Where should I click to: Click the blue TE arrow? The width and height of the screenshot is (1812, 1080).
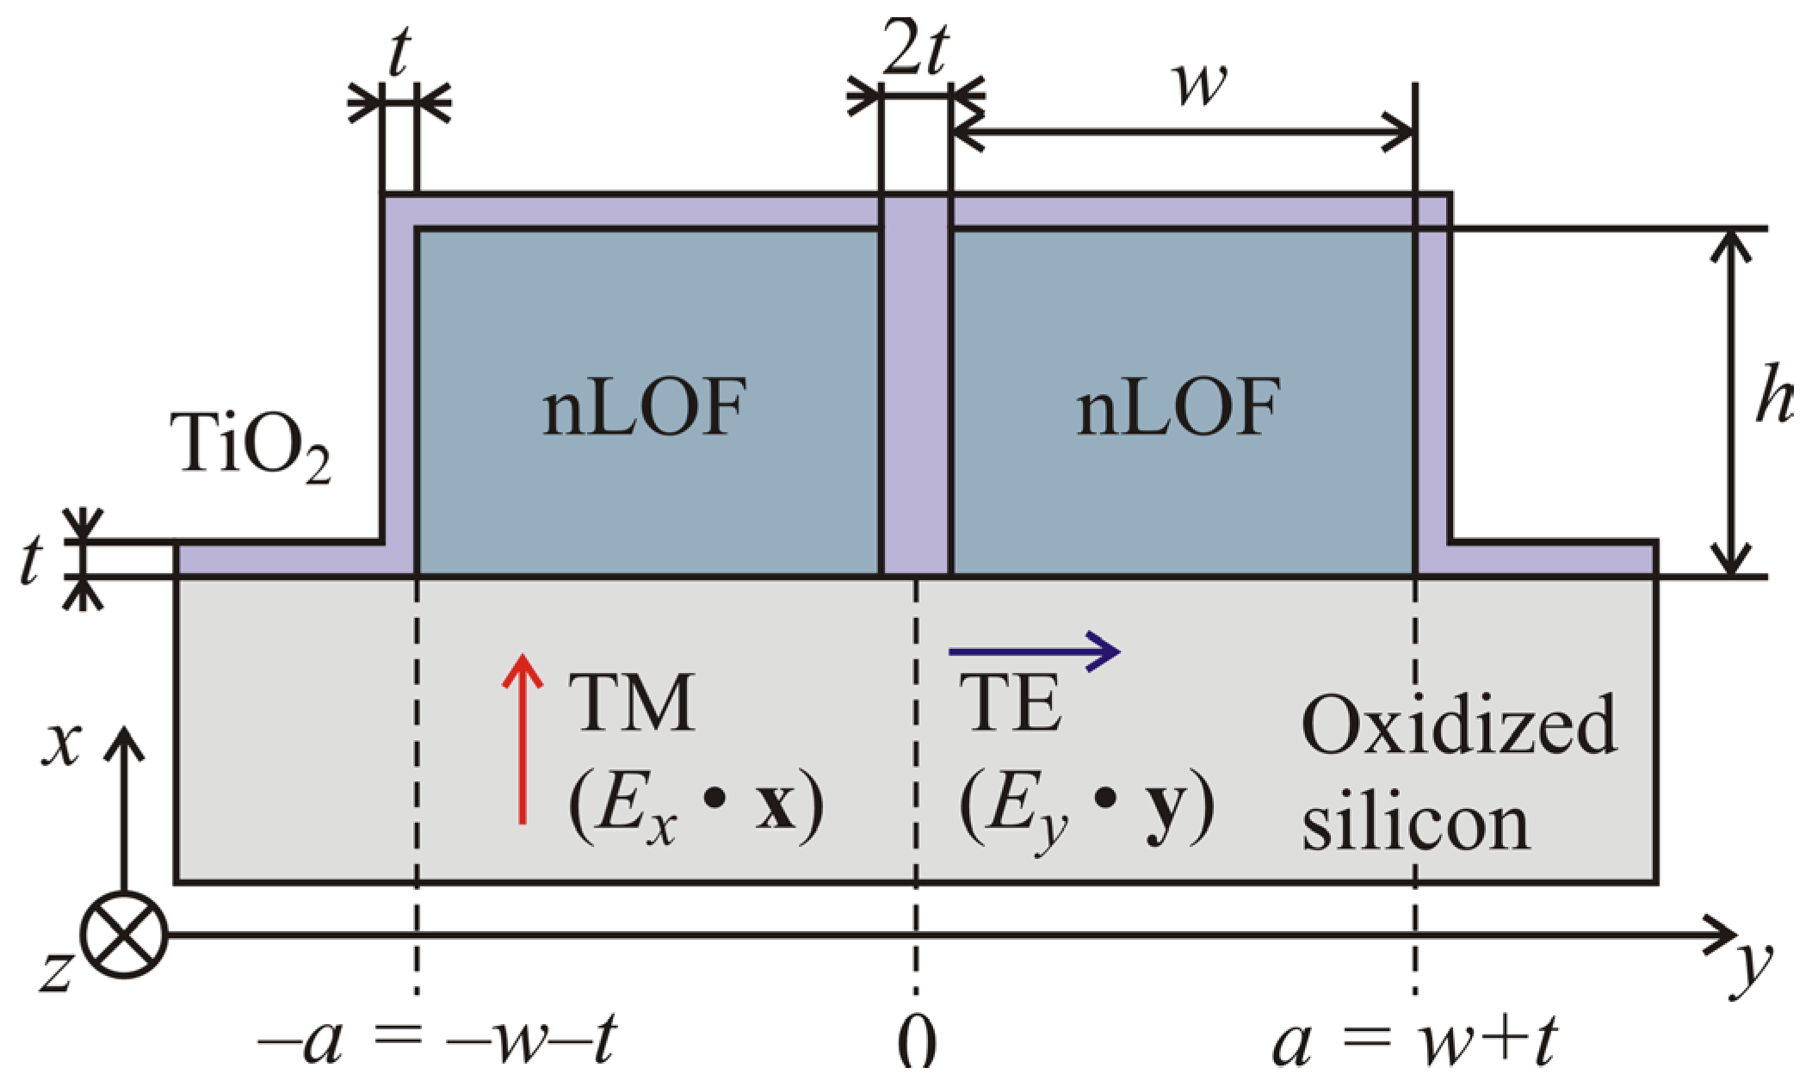[1033, 651]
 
